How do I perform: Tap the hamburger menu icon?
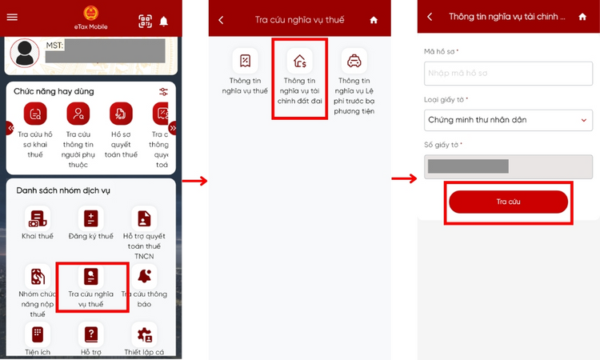click(12, 18)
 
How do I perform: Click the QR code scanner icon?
click(145, 22)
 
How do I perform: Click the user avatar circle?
click(26, 53)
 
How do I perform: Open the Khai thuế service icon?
click(37, 218)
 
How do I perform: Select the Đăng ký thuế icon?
click(90, 218)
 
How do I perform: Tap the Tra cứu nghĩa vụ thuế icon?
click(91, 277)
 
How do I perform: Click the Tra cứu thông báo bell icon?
click(146, 277)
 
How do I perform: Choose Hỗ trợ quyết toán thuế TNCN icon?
click(145, 218)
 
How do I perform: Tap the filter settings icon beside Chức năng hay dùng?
click(164, 91)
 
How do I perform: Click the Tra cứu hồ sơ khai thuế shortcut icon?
click(35, 113)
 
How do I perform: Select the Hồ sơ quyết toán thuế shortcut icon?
click(120, 113)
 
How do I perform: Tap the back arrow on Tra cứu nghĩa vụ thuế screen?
click(222, 19)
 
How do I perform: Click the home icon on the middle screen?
click(373, 20)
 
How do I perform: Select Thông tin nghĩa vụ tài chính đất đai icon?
click(299, 61)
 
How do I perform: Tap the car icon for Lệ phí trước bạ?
click(353, 61)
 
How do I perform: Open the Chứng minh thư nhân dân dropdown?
click(508, 120)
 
